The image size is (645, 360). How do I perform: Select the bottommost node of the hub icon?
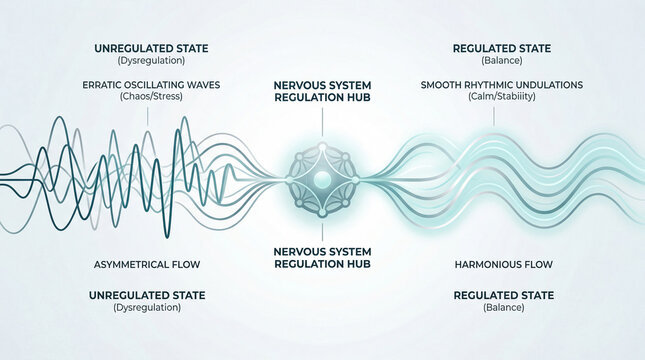322,213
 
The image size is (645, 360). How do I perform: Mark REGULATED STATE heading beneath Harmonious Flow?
496,295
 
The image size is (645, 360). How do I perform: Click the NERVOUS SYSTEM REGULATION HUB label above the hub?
322,93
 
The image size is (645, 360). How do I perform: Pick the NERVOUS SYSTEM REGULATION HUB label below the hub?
322,258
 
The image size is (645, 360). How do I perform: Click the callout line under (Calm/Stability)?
492,118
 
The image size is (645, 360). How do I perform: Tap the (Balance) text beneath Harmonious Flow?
496,308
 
